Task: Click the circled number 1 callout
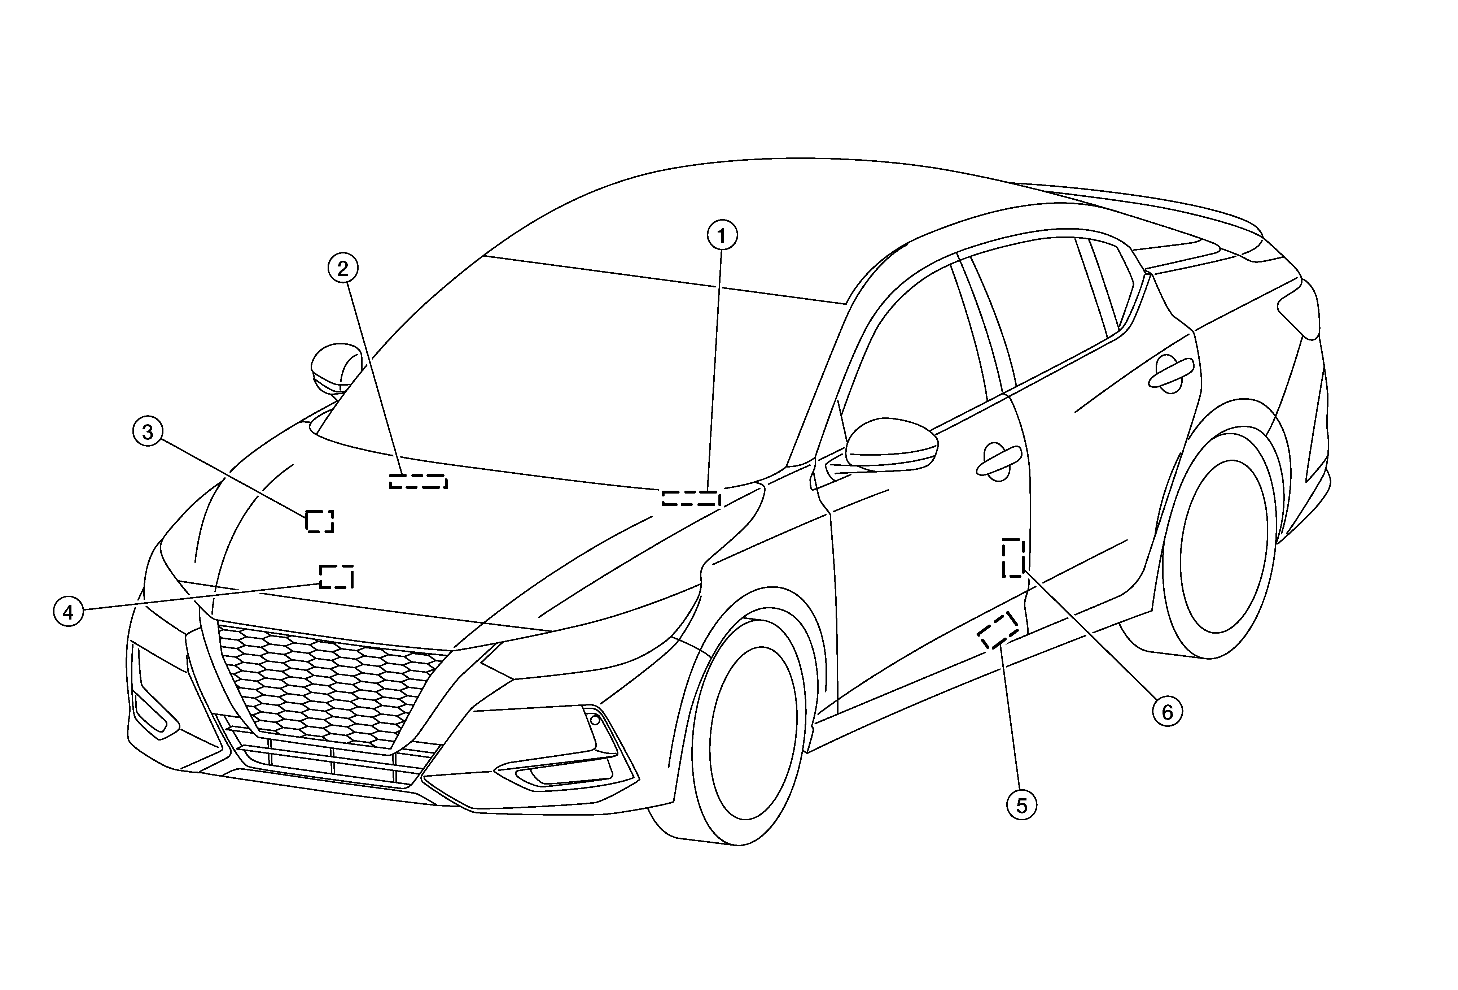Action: pos(722,235)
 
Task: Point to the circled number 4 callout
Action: pos(69,612)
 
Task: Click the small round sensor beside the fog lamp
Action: pos(595,720)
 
